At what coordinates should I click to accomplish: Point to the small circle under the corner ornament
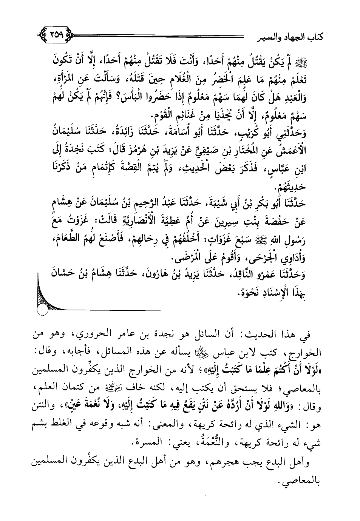43,311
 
